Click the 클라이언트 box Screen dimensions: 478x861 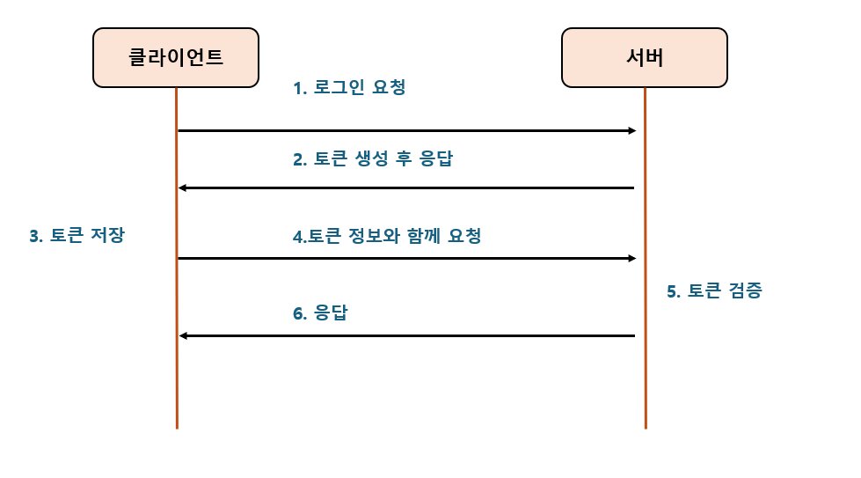click(176, 58)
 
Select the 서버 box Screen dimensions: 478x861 click(645, 58)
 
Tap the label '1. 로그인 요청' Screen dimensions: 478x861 click(349, 88)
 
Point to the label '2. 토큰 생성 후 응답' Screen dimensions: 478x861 click(373, 159)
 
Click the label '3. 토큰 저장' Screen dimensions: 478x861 click(77, 235)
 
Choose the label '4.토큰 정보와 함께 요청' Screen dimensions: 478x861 click(387, 236)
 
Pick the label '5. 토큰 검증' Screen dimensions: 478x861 click(713, 291)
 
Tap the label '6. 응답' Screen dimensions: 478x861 click(320, 313)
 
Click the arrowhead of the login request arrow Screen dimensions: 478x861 click(631, 130)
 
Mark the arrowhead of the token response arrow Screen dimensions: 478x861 click(182, 188)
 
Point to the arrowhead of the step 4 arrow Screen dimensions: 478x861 click(631, 258)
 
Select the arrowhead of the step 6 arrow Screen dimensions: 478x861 click(183, 335)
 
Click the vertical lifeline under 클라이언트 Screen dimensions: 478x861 click(177, 387)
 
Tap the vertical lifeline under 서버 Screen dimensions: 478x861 click(645, 387)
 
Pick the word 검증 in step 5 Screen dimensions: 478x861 click(745, 291)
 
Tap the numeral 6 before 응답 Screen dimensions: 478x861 click(298, 313)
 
